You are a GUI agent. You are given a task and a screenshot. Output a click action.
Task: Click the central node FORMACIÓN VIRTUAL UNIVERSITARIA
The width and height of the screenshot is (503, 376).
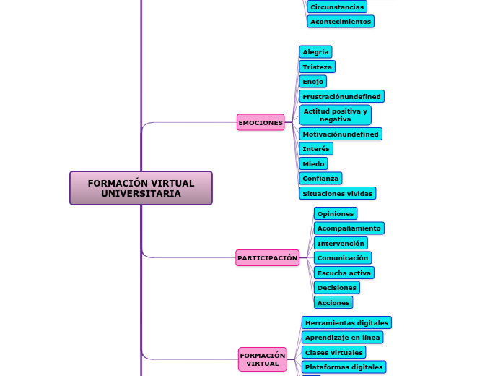coord(141,188)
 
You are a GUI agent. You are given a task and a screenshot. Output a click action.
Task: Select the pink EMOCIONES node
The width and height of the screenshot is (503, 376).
coord(261,123)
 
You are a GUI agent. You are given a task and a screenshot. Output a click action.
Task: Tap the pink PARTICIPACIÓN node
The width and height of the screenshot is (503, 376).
coord(267,258)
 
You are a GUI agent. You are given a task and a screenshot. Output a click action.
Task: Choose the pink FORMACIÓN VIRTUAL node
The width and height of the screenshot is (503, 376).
coord(263,359)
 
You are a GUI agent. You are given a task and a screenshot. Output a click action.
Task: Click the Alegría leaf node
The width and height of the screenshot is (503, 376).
coord(315,52)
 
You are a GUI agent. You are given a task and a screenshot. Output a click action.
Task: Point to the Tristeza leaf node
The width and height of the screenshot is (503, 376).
coord(317,67)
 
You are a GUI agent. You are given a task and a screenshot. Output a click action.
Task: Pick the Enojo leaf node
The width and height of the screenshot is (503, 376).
coord(312,82)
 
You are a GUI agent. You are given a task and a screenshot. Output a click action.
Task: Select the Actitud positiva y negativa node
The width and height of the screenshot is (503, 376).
coord(335,115)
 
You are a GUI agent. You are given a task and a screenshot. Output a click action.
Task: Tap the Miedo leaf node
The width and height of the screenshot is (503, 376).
coord(313,164)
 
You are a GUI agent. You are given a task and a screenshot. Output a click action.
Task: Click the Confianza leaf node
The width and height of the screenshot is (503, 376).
coord(320,179)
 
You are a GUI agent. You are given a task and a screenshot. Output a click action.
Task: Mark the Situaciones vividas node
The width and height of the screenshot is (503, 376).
coord(337,194)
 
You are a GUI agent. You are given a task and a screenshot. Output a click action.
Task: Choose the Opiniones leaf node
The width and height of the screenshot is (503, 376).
coord(336,214)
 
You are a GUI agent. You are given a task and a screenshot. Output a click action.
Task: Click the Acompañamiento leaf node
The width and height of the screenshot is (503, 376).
coord(349,228)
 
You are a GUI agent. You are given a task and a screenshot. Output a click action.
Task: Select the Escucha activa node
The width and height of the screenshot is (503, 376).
coord(344,273)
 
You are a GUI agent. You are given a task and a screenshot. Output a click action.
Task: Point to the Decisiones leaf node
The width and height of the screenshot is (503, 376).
coord(336,288)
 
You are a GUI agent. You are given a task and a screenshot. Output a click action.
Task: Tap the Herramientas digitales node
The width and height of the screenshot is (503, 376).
coord(346,323)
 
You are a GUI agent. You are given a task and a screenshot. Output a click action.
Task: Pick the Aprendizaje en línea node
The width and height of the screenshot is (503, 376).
coord(342,338)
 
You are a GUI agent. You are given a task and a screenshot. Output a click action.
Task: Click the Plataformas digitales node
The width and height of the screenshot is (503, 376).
coord(344,367)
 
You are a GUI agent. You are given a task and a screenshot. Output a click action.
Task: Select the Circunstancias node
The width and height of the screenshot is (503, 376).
coord(336,7)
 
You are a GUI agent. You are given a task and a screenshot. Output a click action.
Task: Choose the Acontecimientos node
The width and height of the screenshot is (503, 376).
coord(340,22)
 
